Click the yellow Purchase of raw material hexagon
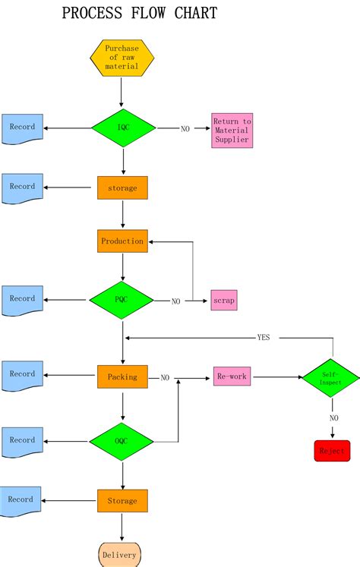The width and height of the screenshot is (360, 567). (x=122, y=57)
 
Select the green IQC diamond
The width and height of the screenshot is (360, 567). (x=123, y=128)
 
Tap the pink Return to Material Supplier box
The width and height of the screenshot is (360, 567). (x=232, y=131)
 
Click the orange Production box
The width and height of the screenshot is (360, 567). (x=122, y=241)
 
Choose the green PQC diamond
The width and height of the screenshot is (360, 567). (x=122, y=300)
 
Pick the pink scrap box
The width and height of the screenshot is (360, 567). (x=224, y=301)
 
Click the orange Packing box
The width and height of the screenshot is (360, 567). (x=122, y=376)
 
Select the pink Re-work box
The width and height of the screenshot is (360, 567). (x=232, y=376)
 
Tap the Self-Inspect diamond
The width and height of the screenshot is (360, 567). (x=332, y=377)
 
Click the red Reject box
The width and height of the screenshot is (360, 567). (x=332, y=451)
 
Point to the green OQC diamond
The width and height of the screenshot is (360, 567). (x=122, y=441)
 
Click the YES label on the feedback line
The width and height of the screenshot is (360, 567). (x=263, y=338)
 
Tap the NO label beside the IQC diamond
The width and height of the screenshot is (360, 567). (x=185, y=128)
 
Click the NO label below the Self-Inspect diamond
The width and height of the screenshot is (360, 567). (x=333, y=418)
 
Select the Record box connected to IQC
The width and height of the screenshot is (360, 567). (x=23, y=128)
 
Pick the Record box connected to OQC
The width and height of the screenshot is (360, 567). (x=23, y=441)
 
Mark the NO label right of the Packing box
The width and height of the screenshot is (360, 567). (x=165, y=377)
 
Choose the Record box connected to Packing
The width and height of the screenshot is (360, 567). (x=23, y=375)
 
